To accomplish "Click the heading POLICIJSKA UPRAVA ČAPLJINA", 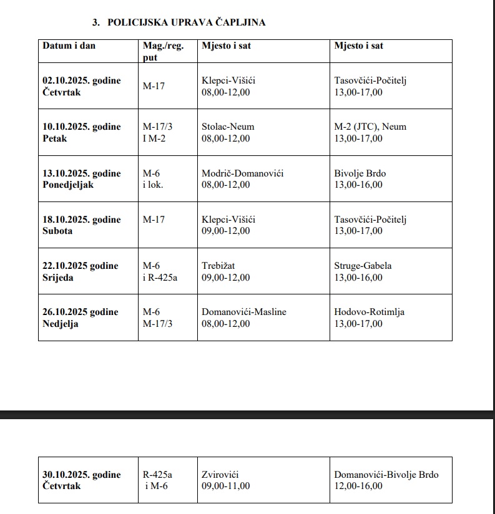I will click(x=186, y=22).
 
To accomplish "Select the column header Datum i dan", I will click(x=69, y=46).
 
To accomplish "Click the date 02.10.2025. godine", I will click(x=82, y=80).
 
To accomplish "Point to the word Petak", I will click(x=55, y=138).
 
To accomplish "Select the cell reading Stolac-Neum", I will click(x=228, y=127).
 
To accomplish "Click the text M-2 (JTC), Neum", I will click(x=370, y=127).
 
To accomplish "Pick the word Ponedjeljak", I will click(x=68, y=185).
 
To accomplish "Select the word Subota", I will click(x=57, y=231).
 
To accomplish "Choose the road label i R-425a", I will click(x=160, y=278).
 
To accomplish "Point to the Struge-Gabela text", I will click(x=363, y=266).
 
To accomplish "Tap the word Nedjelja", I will click(x=61, y=324).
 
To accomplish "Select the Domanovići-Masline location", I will click(x=244, y=312).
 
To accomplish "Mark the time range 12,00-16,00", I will click(x=358, y=486).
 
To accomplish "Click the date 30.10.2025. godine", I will click(x=82, y=475).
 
